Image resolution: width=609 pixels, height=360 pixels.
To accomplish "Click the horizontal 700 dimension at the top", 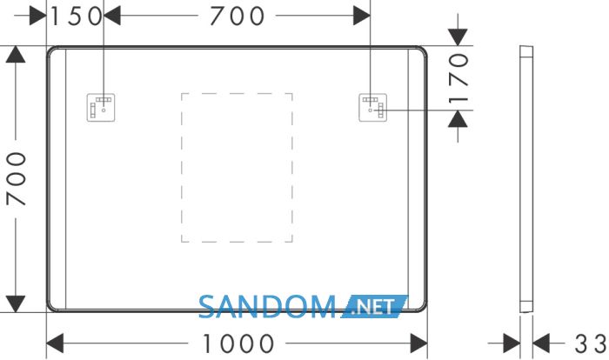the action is click(x=237, y=17).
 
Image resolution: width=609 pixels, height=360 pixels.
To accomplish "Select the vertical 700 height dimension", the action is click(x=17, y=178).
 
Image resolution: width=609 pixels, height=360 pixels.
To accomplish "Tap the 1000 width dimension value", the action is click(x=238, y=343).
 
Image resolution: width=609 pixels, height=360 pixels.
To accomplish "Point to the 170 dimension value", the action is click(x=458, y=79).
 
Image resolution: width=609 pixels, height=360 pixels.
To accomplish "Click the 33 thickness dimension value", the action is click(x=591, y=343).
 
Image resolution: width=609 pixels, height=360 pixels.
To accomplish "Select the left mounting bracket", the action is click(x=101, y=108).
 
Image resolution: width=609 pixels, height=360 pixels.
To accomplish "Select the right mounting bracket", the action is click(x=373, y=108).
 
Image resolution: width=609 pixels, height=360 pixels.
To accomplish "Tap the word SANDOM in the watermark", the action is click(x=267, y=307).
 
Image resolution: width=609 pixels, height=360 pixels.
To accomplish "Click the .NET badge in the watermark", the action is click(x=375, y=307).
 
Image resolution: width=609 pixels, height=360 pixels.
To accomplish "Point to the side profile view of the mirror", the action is click(x=526, y=178).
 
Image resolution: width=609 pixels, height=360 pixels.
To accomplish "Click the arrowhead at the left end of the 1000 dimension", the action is click(x=55, y=343).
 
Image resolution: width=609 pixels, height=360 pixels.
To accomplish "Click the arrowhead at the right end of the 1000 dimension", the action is click(x=418, y=343).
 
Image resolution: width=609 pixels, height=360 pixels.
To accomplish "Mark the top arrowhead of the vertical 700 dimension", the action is click(x=16, y=54).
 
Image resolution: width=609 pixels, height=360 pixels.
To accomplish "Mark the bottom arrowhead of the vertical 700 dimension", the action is click(x=16, y=303).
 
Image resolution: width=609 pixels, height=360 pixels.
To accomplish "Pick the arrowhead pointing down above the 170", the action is click(x=458, y=37).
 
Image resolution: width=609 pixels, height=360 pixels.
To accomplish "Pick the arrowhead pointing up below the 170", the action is click(x=458, y=119).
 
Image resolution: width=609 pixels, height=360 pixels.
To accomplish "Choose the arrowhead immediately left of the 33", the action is click(x=541, y=343).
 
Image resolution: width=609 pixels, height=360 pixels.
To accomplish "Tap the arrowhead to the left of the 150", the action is click(x=38, y=16).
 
